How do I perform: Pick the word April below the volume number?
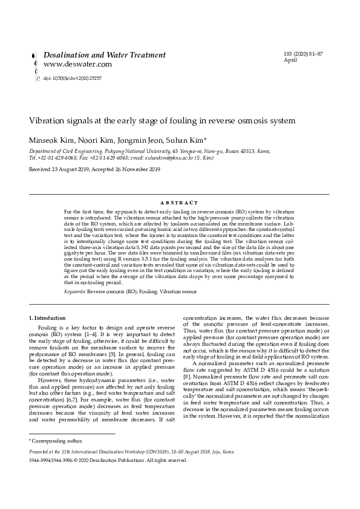(290, 60)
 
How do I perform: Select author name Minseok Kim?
(51, 140)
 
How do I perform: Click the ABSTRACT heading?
(180, 203)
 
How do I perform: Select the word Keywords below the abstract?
(75, 291)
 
